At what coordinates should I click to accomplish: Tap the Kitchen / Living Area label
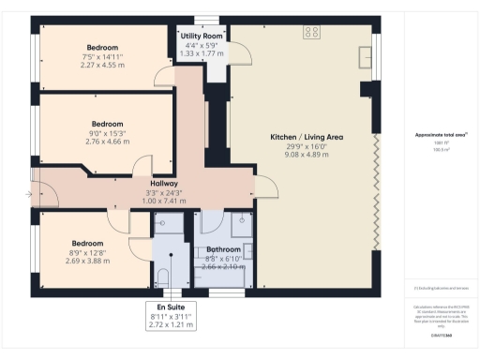point(307,137)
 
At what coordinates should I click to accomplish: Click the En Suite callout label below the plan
point(170,307)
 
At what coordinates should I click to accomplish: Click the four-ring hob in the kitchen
point(311,32)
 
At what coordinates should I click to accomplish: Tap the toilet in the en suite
point(163,277)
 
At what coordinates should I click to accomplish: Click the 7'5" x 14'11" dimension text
point(102,56)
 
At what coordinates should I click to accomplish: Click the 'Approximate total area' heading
point(441,136)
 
